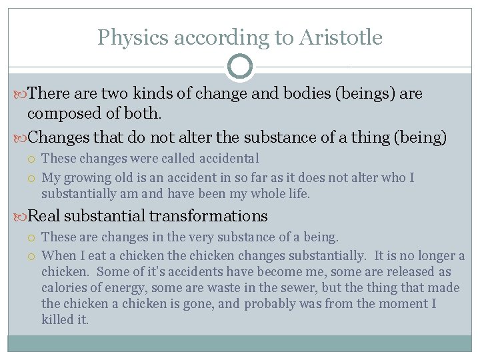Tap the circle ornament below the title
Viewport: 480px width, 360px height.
pos(240,67)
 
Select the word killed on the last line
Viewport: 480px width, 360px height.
pos(57,320)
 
